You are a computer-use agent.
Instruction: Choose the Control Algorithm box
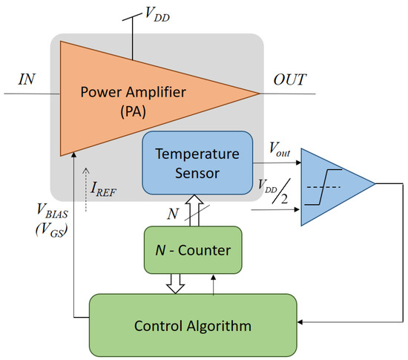pyautogui.click(x=193, y=324)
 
